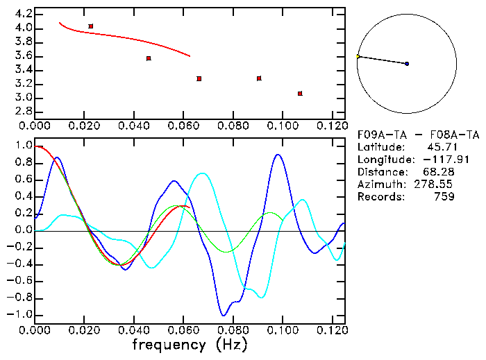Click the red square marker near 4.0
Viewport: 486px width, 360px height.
pyautogui.click(x=91, y=26)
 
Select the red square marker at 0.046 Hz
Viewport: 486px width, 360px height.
pyautogui.click(x=149, y=58)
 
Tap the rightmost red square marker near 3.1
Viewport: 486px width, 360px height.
pyautogui.click(x=300, y=94)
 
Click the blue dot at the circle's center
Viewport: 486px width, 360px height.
pyautogui.click(x=407, y=64)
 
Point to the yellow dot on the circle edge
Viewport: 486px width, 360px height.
pyautogui.click(x=358, y=56)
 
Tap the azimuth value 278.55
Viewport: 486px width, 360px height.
pyautogui.click(x=438, y=185)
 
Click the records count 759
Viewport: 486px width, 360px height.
pyautogui.click(x=444, y=197)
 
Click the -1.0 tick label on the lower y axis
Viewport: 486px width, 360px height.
pyautogui.click(x=19, y=314)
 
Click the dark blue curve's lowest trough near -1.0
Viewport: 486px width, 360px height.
pyautogui.click(x=224, y=315)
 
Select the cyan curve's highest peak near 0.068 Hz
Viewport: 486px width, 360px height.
pyautogui.click(x=202, y=173)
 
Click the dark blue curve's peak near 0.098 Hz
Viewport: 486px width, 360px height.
pyautogui.click(x=278, y=155)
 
